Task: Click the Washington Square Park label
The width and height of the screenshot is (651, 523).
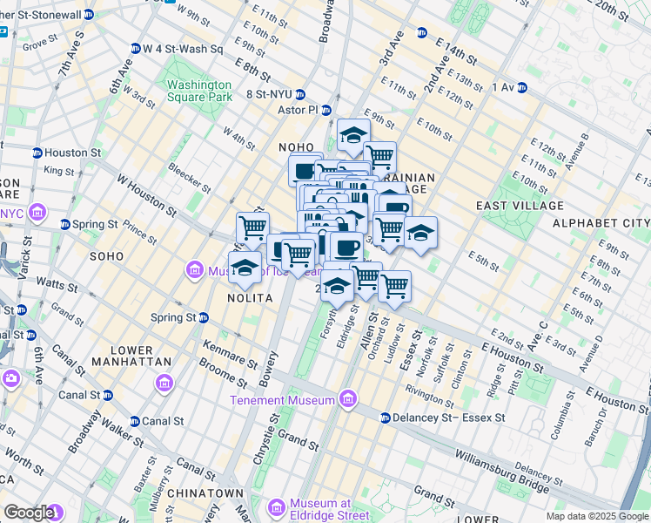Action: [199, 91]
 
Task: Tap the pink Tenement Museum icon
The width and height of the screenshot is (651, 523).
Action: [348, 400]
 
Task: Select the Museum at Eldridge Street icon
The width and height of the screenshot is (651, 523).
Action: [276, 507]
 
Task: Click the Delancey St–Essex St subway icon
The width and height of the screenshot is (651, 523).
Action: [385, 418]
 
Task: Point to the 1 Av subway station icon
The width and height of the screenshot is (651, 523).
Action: [521, 87]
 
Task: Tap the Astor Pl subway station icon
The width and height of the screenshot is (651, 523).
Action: [326, 111]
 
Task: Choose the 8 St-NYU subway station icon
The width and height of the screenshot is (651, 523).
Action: [299, 94]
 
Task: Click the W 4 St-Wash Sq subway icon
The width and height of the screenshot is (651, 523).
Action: [136, 48]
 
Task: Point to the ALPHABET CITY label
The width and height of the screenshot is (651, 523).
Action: [606, 223]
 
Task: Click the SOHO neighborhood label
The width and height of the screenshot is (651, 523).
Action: [108, 256]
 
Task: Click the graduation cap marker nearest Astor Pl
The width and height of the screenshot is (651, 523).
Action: [352, 136]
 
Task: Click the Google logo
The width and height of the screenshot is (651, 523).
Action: [29, 512]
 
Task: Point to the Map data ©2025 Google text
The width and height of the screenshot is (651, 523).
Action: [596, 516]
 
